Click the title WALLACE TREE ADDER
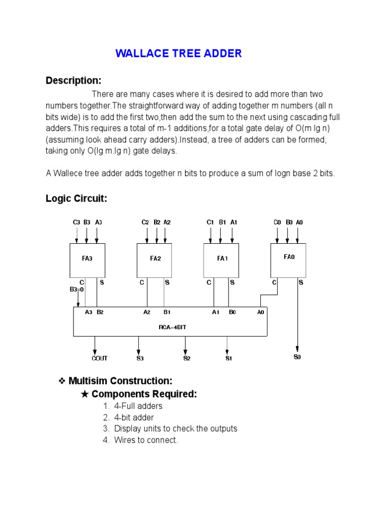click(178, 54)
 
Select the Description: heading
click(73, 81)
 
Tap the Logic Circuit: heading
click(76, 199)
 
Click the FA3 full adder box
click(87, 258)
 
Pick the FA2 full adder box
click(155, 258)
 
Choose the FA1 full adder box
click(222, 258)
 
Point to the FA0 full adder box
click(289, 257)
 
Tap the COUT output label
click(99, 358)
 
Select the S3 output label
click(140, 358)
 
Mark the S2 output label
click(186, 358)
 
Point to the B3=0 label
click(77, 290)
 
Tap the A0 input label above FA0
click(300, 222)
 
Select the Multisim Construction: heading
click(121, 381)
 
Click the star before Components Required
click(85, 394)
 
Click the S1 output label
click(228, 358)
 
